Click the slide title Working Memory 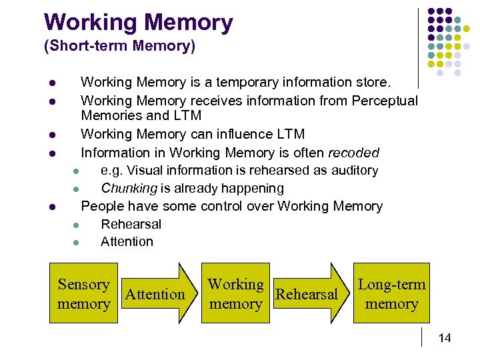coord(139,22)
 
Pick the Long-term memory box coord(391,294)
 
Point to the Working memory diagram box coord(235,294)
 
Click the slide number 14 coord(445,339)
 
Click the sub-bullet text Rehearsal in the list coord(131,224)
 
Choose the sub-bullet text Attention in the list coord(127,241)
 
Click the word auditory coord(353,171)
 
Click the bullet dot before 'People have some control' coord(52,207)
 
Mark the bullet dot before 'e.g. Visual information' coord(77,171)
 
